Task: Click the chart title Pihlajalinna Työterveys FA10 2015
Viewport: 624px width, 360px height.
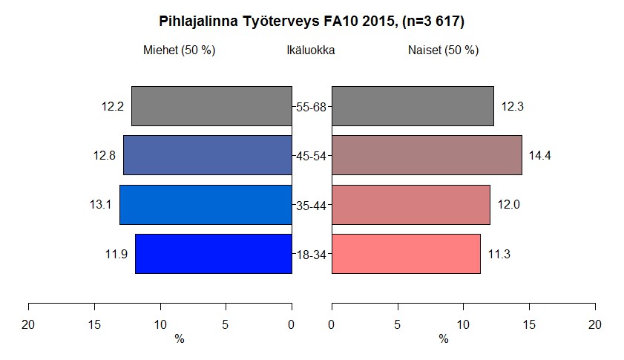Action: (x=312, y=22)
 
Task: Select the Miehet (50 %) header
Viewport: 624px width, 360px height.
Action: (x=179, y=50)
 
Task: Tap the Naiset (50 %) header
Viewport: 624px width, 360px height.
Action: (x=443, y=50)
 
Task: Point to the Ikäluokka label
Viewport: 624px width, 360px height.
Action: (x=311, y=50)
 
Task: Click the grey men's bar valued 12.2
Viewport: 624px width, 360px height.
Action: (x=211, y=106)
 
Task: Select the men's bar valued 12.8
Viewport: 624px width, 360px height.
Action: (x=207, y=155)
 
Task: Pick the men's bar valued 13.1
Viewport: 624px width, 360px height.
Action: (x=206, y=205)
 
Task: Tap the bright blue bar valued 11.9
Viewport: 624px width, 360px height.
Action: (x=213, y=254)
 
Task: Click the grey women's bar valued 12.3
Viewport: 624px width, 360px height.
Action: (x=413, y=106)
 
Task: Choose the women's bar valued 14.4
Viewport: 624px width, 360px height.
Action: (x=427, y=155)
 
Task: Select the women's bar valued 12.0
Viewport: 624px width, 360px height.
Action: (x=410, y=205)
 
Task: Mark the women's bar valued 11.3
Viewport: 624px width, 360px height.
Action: (x=406, y=254)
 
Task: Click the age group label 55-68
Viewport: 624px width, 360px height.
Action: (x=312, y=107)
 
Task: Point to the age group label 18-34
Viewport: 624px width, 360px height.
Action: (x=312, y=255)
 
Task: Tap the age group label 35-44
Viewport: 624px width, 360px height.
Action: (x=312, y=206)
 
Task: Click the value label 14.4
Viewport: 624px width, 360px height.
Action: (x=539, y=156)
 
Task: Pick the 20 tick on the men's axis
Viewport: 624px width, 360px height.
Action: (x=29, y=324)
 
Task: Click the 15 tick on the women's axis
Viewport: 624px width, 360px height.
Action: (x=529, y=324)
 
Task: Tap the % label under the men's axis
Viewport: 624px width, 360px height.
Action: (x=179, y=339)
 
